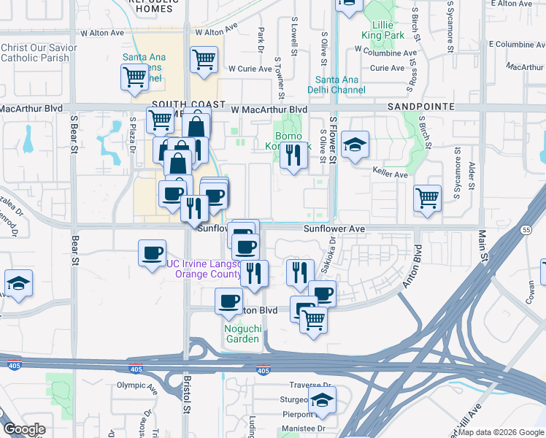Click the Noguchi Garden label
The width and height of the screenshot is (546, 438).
[242, 334]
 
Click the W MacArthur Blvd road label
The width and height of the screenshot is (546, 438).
[269, 109]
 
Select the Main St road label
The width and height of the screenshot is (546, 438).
[482, 246]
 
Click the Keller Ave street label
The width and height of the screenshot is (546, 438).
[390, 175]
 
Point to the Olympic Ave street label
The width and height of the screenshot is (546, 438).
[136, 385]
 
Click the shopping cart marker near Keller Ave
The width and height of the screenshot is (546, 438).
[427, 197]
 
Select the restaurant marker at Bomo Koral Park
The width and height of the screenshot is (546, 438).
[293, 155]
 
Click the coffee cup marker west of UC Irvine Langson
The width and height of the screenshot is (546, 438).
[152, 253]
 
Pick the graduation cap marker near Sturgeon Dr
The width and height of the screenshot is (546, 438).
[321, 399]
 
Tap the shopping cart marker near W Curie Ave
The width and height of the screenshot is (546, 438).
[204, 59]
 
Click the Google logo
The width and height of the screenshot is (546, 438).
[24, 430]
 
